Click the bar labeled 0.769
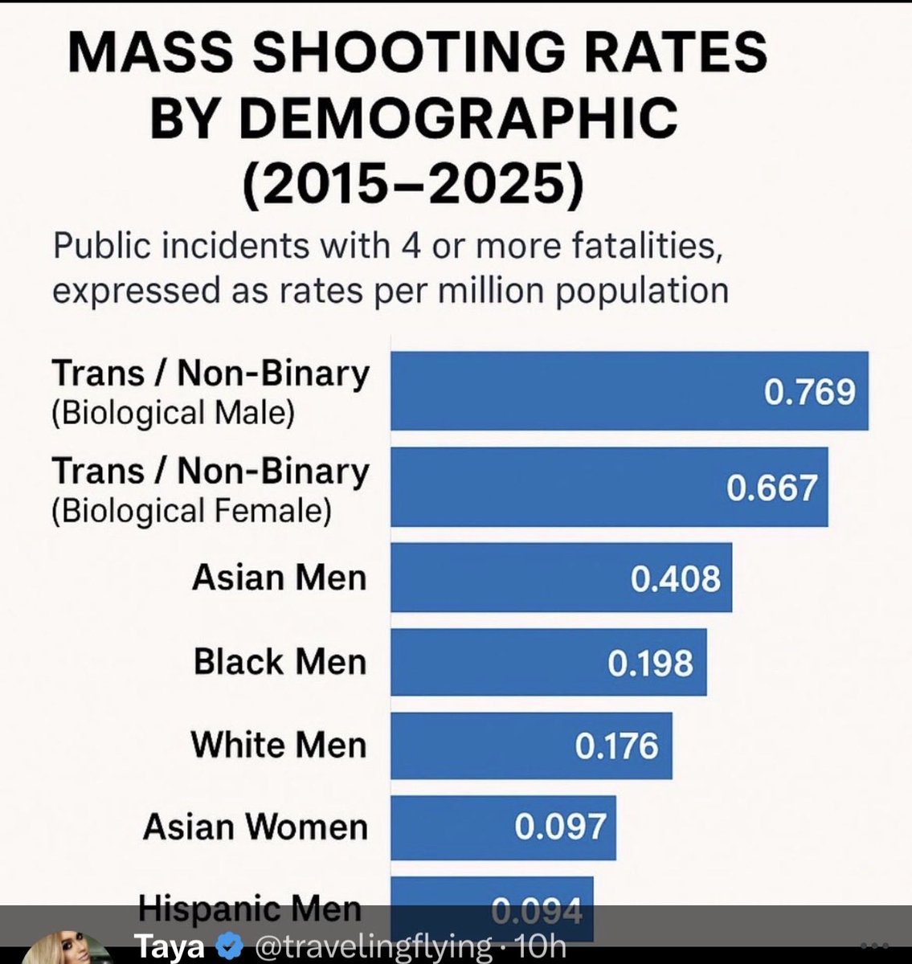pyautogui.click(x=629, y=390)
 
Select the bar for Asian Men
pyautogui.click(x=561, y=577)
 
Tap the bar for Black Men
pyautogui.click(x=549, y=662)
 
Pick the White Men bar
pyautogui.click(x=531, y=745)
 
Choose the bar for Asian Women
pyautogui.click(x=503, y=827)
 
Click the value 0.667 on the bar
pyautogui.click(x=771, y=488)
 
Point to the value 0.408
pyautogui.click(x=676, y=578)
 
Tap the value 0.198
pyautogui.click(x=651, y=664)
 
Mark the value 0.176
pyautogui.click(x=616, y=746)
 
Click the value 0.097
pyautogui.click(x=560, y=827)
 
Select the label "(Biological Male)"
pyautogui.click(x=174, y=414)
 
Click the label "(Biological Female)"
pyautogui.click(x=192, y=511)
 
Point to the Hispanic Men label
pyautogui.click(x=250, y=908)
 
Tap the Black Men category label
pyautogui.click(x=280, y=662)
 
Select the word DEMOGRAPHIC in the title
pyautogui.click(x=458, y=117)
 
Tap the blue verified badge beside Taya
pyautogui.click(x=230, y=946)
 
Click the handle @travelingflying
pyautogui.click(x=374, y=946)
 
